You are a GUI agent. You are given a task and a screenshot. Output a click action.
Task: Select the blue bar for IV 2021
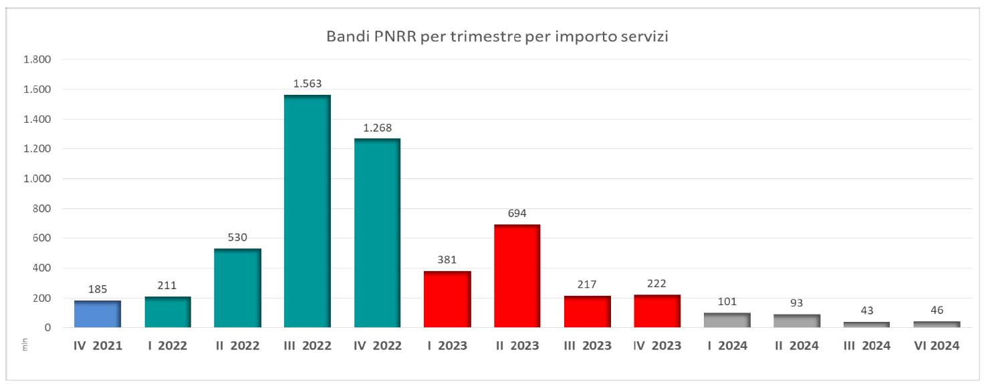pyautogui.click(x=98, y=314)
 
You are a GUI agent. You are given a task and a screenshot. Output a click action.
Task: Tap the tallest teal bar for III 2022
pyautogui.click(x=307, y=211)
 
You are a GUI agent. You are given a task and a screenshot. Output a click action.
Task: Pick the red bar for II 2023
pyautogui.click(x=517, y=276)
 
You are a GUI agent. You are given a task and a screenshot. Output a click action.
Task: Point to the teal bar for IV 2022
pyautogui.click(x=377, y=233)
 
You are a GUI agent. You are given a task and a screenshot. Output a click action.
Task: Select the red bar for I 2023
pyautogui.click(x=447, y=299)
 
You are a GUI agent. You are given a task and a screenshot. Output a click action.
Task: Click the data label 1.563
pyautogui.click(x=307, y=84)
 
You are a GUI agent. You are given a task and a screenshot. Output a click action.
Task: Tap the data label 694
pyautogui.click(x=517, y=214)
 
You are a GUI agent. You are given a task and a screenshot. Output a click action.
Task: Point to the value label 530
pyautogui.click(x=237, y=238)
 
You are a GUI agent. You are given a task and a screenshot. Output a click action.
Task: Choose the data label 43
pyautogui.click(x=866, y=311)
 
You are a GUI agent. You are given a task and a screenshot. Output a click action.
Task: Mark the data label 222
pyautogui.click(x=656, y=284)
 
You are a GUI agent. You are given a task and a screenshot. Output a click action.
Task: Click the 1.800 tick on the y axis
pyautogui.click(x=37, y=59)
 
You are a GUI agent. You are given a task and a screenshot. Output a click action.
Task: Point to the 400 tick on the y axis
pyautogui.click(x=41, y=268)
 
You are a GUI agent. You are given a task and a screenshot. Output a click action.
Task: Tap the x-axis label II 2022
pyautogui.click(x=237, y=346)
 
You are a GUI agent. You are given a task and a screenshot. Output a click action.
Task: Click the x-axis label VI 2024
pyautogui.click(x=936, y=346)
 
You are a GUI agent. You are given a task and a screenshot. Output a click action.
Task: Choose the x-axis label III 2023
pyautogui.click(x=587, y=346)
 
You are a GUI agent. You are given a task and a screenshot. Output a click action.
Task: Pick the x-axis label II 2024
pyautogui.click(x=796, y=346)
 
